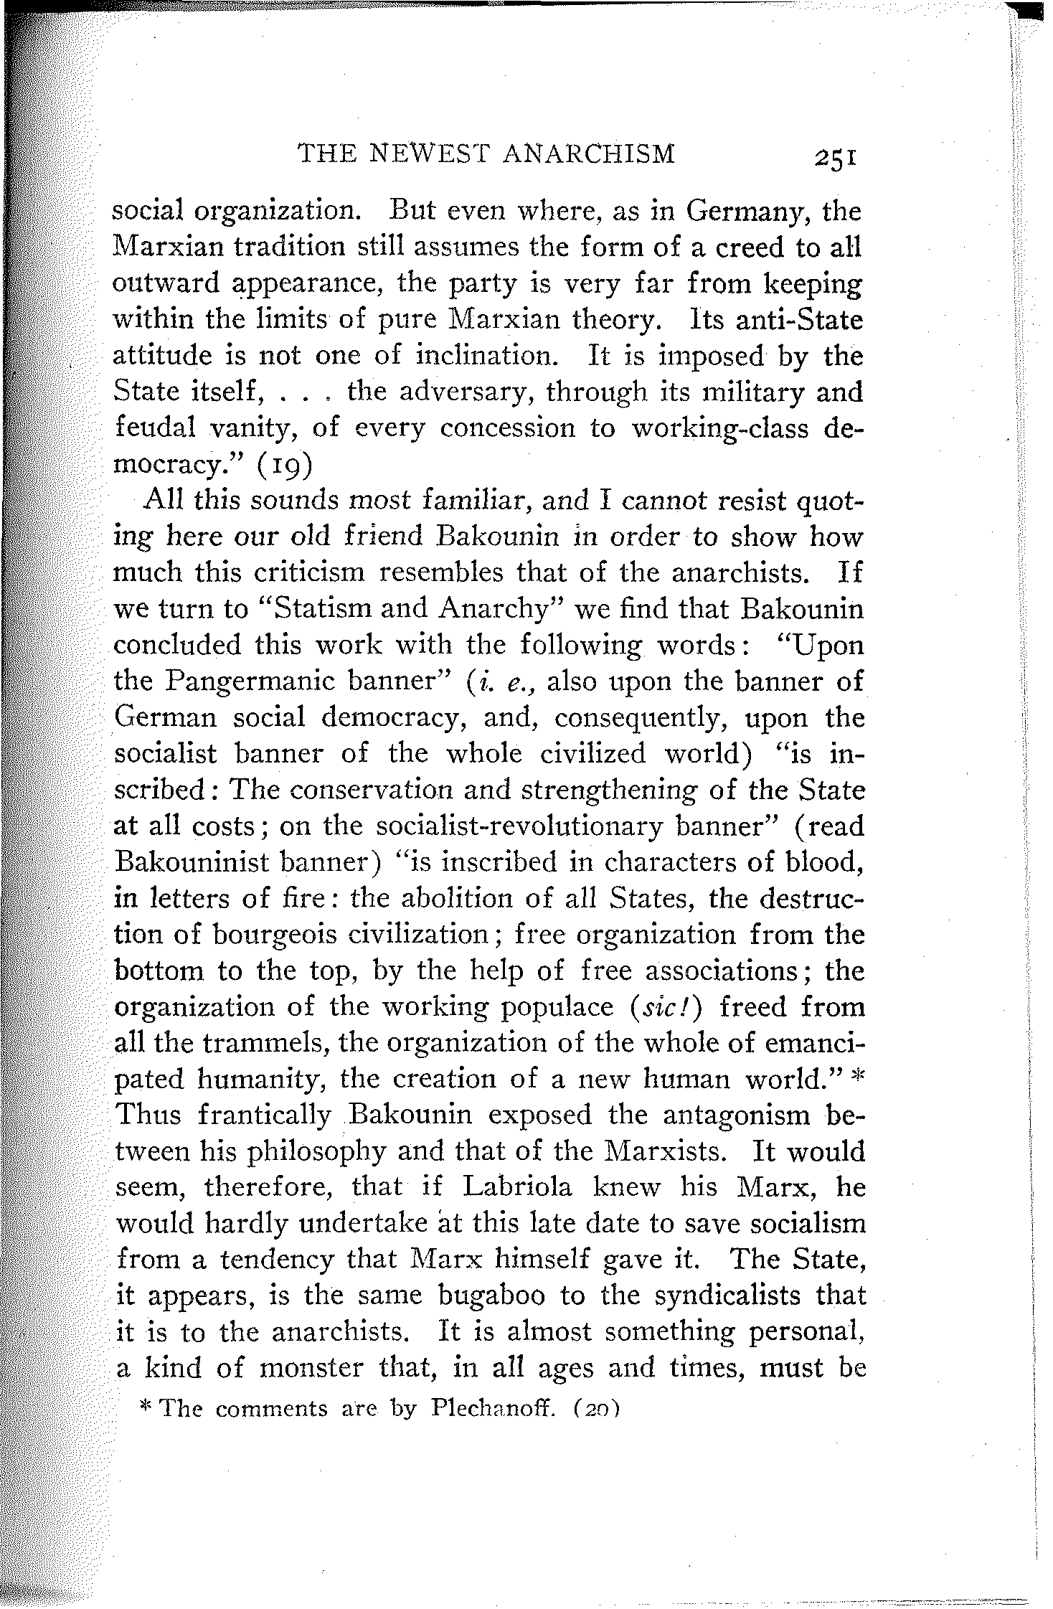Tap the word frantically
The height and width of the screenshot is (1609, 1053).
pos(264,1115)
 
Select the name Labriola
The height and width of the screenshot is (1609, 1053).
pos(517,1187)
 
